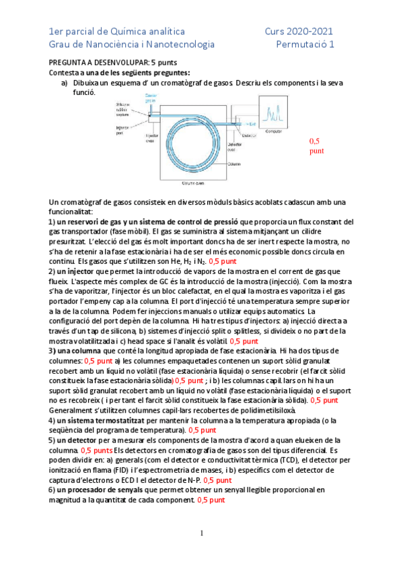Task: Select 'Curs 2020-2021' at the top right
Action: point(299,31)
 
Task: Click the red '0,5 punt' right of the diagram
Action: point(316,146)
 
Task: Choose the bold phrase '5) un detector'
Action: point(77,440)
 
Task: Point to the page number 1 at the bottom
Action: point(201,534)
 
